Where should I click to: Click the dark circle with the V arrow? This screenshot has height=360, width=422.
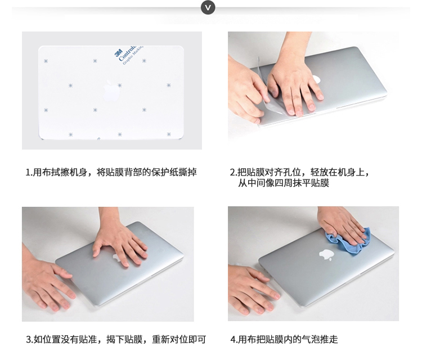pos(208,7)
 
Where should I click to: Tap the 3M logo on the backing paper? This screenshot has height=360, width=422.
pos(118,52)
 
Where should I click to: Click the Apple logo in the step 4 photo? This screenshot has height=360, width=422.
pos(326,255)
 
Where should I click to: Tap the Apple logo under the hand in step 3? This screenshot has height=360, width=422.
pos(116,258)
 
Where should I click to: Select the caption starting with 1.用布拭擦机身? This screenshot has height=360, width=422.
pos(111,172)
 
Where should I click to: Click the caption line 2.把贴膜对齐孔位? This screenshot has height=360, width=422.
pos(299,172)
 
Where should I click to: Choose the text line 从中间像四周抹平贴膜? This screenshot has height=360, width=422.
pos(284,183)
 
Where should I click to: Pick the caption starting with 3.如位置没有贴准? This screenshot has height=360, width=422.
pos(116,339)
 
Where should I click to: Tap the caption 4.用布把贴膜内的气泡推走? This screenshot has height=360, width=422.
pos(284,339)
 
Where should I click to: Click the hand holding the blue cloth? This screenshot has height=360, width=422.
pos(342,224)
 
